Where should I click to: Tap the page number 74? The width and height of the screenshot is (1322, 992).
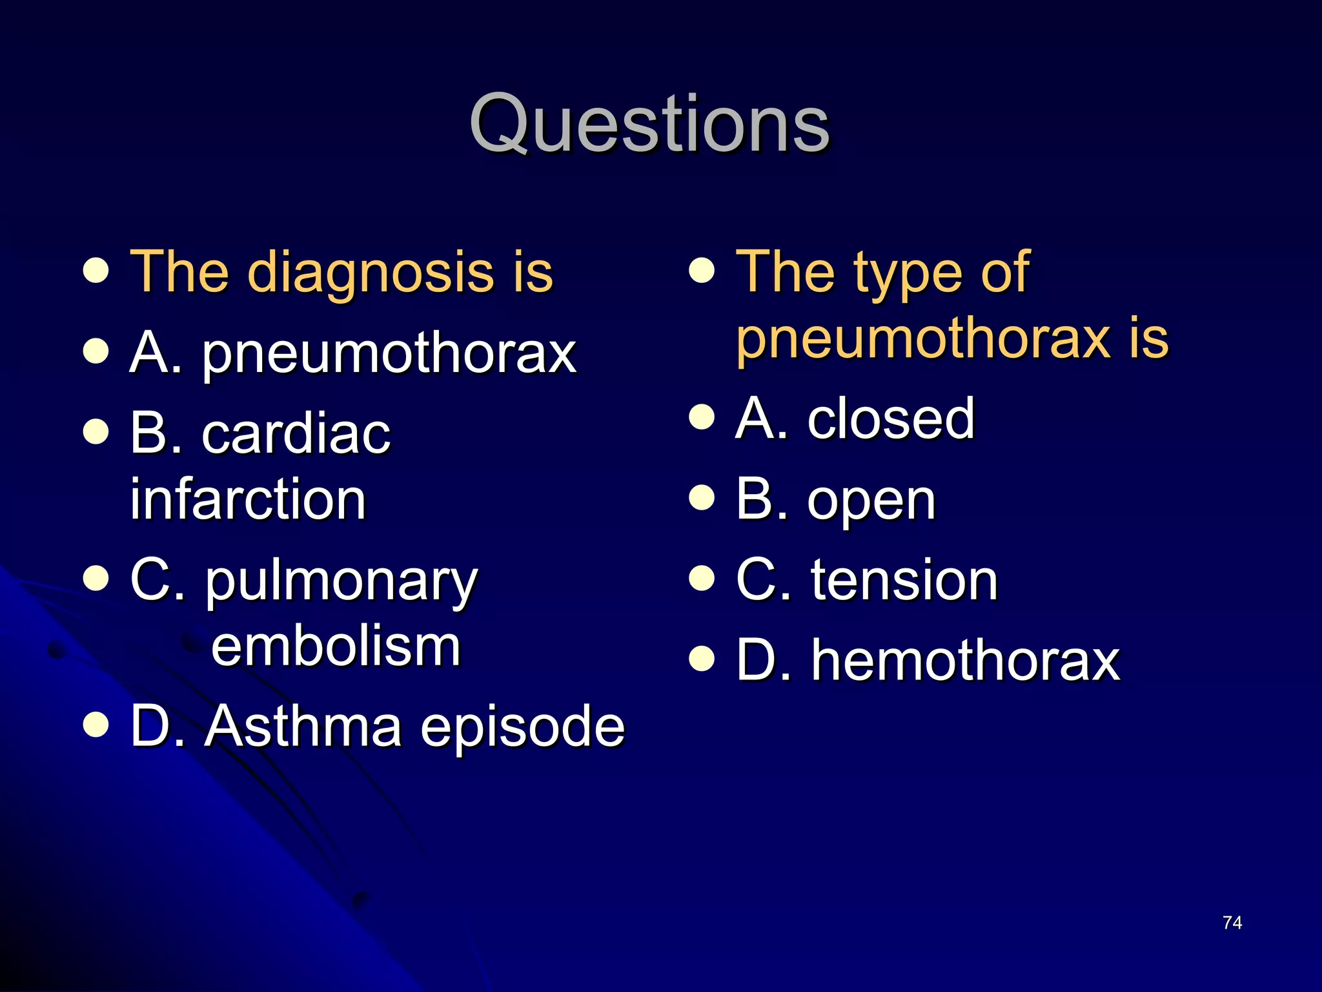coord(1232,923)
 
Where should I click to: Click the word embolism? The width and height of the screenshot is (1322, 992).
coord(336,646)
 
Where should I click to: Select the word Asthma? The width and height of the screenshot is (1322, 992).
coord(303,727)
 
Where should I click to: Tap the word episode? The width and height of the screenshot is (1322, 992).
coord(522,728)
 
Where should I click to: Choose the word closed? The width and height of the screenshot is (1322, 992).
coord(891,418)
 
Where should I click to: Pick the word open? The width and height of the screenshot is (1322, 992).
coord(871,501)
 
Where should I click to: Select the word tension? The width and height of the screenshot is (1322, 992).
coord(904,581)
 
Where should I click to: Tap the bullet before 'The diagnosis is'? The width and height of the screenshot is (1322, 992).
coord(96,271)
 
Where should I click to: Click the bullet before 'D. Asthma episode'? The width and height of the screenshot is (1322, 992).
coord(96,725)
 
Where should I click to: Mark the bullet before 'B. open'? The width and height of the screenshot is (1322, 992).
coord(702,498)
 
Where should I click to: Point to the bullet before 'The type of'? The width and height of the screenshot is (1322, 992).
coord(702,271)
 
